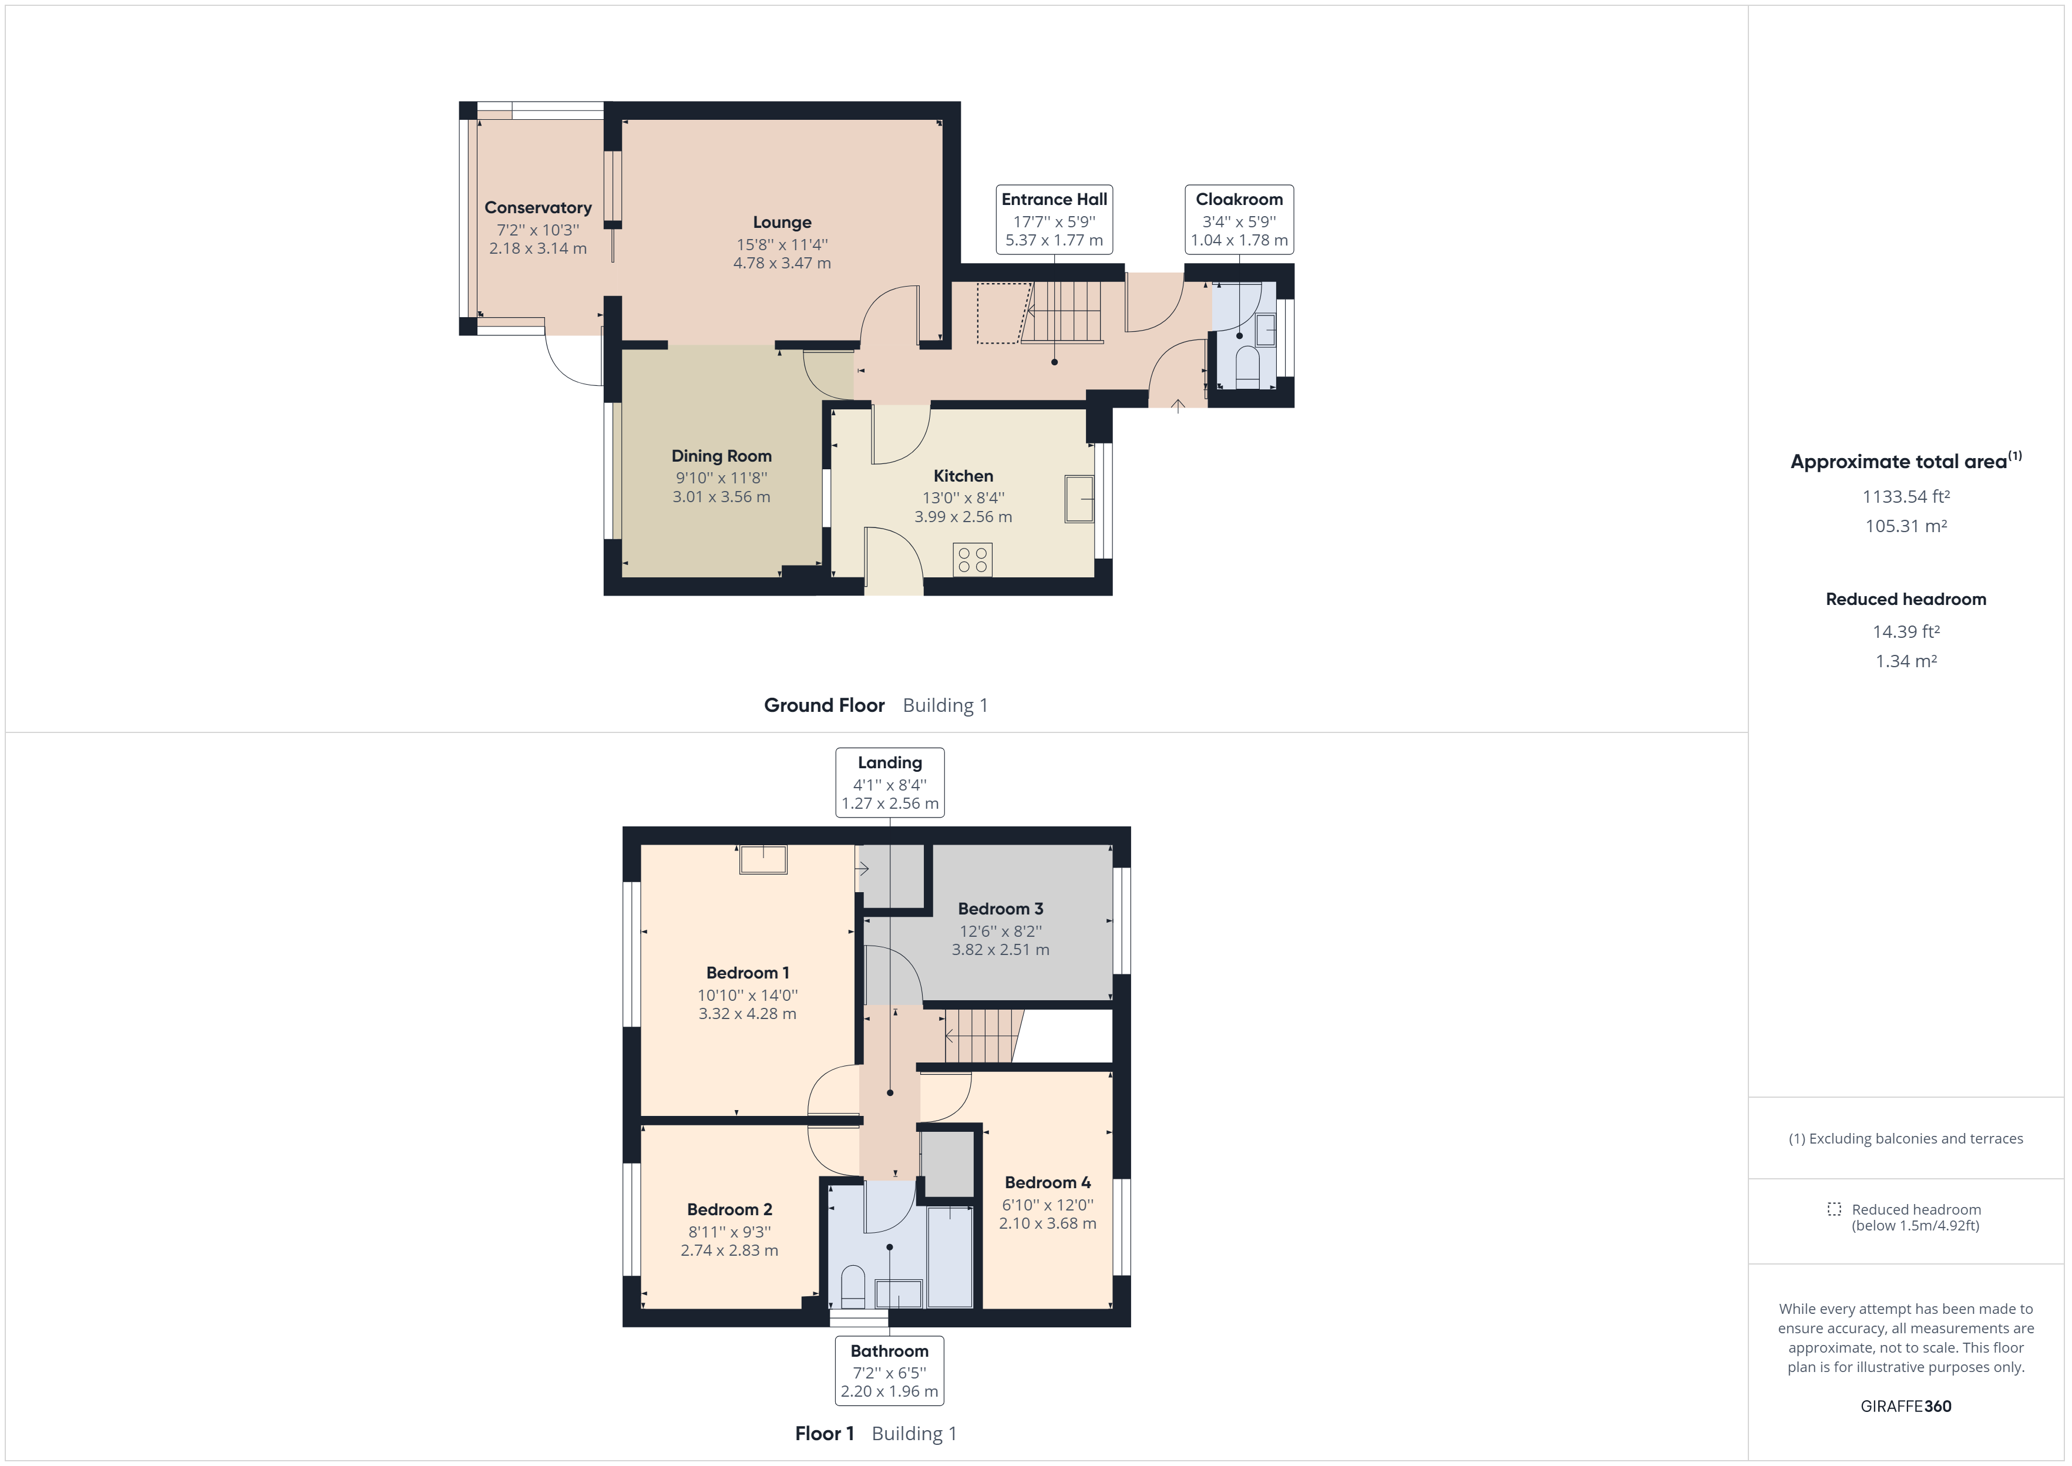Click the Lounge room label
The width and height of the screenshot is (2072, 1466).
(x=782, y=222)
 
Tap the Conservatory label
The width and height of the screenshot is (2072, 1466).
(x=538, y=207)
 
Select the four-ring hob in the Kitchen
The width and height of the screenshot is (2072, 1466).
(x=972, y=560)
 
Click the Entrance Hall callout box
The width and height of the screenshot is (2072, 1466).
(x=1054, y=219)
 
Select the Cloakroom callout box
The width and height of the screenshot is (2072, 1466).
(x=1239, y=219)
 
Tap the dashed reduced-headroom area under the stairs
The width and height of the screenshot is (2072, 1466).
(x=1003, y=312)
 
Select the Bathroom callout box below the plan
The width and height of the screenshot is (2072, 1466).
(x=889, y=1370)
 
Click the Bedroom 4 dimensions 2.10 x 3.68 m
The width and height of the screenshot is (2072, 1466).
(x=1047, y=1224)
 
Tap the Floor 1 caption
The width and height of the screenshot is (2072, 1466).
(x=824, y=1434)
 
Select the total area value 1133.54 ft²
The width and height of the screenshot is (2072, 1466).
(x=1906, y=496)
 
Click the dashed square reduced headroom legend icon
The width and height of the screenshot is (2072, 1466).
(x=1834, y=1209)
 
